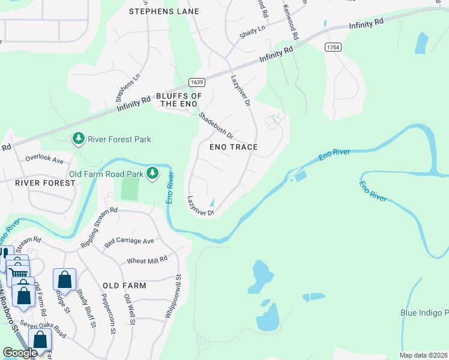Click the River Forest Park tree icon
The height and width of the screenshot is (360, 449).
78,139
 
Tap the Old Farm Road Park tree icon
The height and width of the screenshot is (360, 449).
153,173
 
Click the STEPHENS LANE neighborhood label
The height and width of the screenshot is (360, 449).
164,11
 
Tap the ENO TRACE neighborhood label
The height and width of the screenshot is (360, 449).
234,147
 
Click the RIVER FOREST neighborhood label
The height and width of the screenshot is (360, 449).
40,182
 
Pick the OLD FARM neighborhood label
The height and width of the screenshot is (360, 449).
124,286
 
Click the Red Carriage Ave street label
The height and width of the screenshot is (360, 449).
129,241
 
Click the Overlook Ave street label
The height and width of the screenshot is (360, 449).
44,160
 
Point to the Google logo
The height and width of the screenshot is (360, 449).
20,353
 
